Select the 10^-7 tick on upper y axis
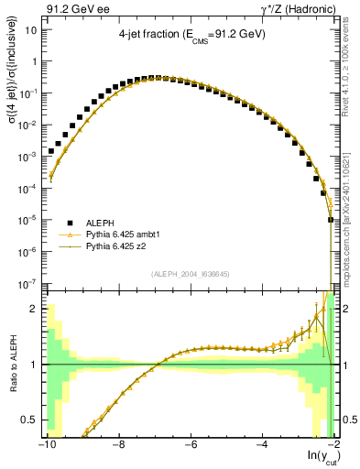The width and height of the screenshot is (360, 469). (x=28, y=284)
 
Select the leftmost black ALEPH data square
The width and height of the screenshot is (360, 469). (x=51, y=151)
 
